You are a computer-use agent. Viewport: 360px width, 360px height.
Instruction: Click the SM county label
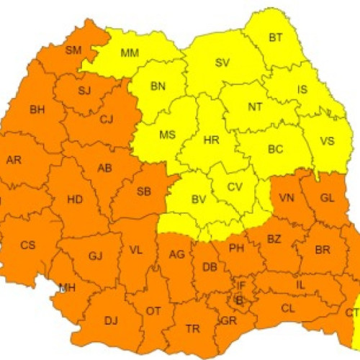(x=73, y=50)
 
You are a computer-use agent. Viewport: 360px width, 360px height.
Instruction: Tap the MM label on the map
(x=130, y=53)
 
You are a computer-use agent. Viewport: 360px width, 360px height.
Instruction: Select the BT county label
(x=276, y=37)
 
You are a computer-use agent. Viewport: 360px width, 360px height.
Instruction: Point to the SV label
(x=222, y=62)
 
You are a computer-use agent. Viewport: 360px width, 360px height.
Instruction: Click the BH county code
(x=37, y=109)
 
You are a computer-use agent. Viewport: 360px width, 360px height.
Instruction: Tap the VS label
(x=327, y=140)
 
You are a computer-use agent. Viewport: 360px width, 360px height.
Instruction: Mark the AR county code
(x=14, y=160)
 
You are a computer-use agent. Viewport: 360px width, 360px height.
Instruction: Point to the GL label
(x=328, y=198)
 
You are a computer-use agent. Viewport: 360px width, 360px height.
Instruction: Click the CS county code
(x=27, y=245)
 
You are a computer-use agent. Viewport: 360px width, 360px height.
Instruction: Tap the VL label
(x=135, y=250)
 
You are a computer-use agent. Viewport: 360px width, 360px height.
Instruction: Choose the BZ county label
(x=274, y=238)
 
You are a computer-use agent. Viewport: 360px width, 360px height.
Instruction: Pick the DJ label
(x=111, y=320)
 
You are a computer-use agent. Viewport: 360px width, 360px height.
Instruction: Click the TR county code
(x=193, y=328)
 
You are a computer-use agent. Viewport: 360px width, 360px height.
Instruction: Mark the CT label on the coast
(x=352, y=312)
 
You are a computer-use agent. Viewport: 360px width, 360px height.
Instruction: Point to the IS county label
(x=302, y=90)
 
